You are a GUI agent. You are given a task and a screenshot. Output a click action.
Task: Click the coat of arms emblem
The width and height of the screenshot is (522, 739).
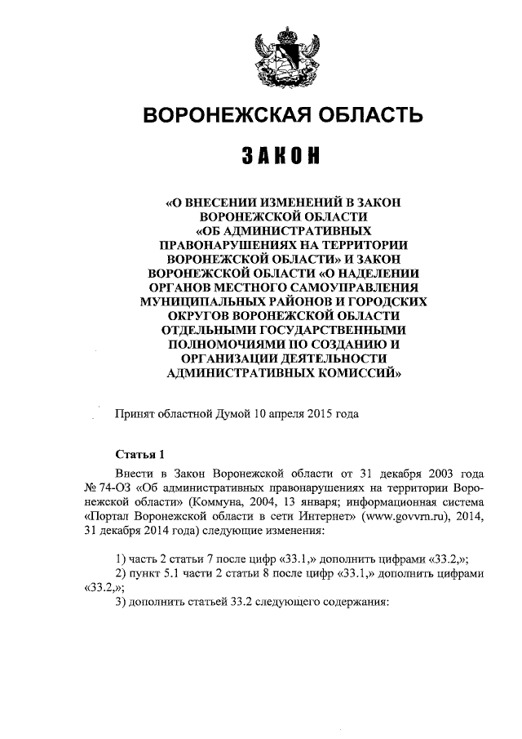282,55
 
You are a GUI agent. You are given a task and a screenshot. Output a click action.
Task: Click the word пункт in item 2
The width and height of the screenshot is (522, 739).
148,573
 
